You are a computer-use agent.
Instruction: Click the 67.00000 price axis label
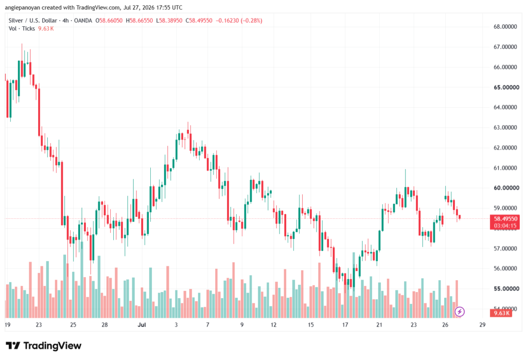click(x=505, y=47)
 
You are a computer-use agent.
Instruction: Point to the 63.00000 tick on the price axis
click(x=505, y=128)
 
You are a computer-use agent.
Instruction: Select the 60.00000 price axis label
click(x=505, y=188)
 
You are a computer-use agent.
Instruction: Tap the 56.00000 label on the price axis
click(x=505, y=268)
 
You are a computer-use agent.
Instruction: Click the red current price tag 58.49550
click(x=505, y=219)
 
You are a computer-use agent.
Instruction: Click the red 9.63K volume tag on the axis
click(x=501, y=313)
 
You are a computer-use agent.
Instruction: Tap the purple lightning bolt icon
click(x=460, y=312)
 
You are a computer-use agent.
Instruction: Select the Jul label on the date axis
click(x=142, y=324)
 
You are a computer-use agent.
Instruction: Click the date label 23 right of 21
click(x=413, y=324)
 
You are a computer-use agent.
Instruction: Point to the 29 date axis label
click(x=482, y=324)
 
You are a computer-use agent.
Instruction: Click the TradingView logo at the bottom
click(x=44, y=346)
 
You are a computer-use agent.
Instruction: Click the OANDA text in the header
click(x=83, y=21)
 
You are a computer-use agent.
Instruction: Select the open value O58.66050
click(x=109, y=21)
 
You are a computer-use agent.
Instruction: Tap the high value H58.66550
click(x=139, y=21)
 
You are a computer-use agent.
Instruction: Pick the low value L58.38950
click(x=169, y=21)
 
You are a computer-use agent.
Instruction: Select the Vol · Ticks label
click(x=22, y=29)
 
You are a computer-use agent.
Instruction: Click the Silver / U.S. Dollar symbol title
click(x=33, y=21)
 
